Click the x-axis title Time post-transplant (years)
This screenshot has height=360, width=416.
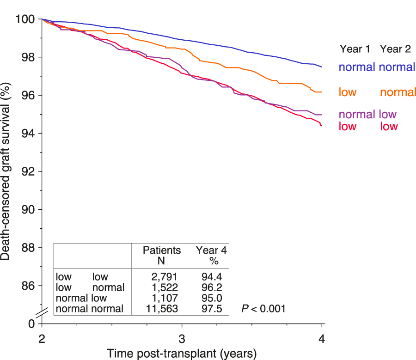tap(182, 354)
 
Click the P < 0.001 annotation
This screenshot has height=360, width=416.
tap(263, 308)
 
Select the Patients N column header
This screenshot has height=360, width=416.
tap(161, 255)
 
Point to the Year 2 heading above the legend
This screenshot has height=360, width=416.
tap(396, 49)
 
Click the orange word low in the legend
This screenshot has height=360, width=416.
tap(348, 92)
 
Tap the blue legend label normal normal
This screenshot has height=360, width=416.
tap(377, 67)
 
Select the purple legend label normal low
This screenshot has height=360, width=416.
tap(367, 115)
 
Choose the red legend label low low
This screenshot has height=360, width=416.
tap(368, 126)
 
